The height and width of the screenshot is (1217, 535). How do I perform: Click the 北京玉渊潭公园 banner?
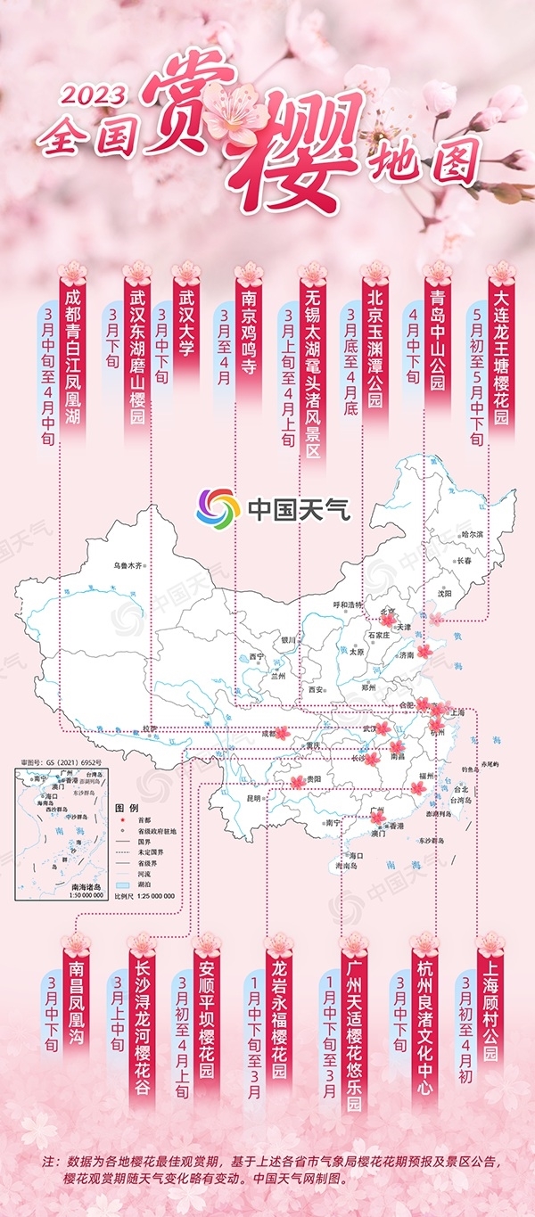[375, 348]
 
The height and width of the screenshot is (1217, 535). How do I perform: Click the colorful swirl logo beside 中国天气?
[218, 509]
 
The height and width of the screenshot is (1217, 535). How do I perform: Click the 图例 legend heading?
[126, 806]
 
